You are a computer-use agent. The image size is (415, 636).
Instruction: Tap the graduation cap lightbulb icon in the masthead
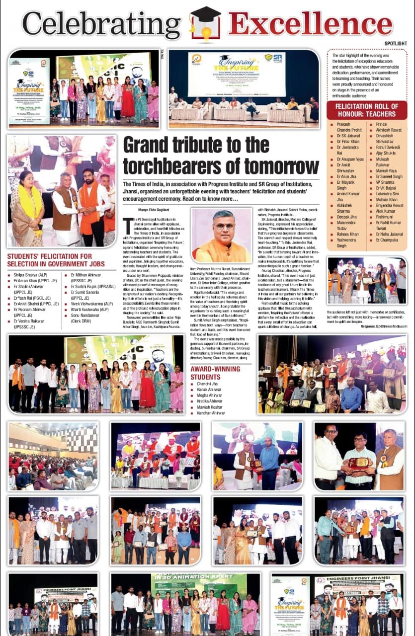(205, 23)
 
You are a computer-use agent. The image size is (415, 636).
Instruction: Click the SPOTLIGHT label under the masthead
(395, 44)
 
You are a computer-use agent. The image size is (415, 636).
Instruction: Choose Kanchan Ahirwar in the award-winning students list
(211, 413)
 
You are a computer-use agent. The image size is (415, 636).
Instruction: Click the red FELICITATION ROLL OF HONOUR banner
(367, 110)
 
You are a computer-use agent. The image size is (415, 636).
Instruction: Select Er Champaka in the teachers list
(387, 239)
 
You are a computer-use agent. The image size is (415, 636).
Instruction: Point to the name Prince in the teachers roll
(382, 124)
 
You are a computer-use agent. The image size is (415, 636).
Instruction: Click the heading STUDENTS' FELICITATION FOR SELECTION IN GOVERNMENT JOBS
(49, 260)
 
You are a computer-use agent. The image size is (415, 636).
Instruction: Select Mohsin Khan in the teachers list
(389, 198)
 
